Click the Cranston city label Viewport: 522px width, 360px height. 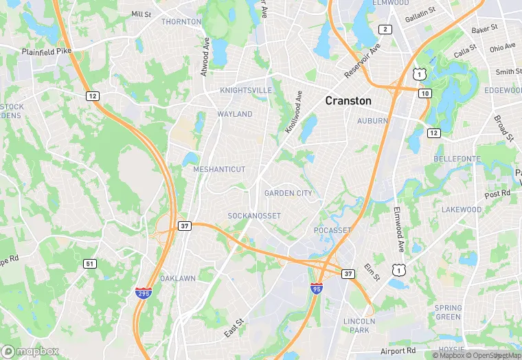(x=348, y=101)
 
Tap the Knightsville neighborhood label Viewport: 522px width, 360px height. (x=246, y=91)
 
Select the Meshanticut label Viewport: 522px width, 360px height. (x=219, y=169)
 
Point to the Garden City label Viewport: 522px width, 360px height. (x=288, y=194)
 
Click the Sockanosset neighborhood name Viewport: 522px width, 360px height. (x=255, y=216)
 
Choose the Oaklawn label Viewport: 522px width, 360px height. (x=178, y=278)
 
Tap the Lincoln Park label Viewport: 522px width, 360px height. (x=359, y=326)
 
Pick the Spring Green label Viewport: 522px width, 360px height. (x=448, y=312)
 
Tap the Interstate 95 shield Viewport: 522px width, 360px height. (x=317, y=287)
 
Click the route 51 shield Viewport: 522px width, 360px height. (x=91, y=264)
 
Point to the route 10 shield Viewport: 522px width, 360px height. (x=426, y=93)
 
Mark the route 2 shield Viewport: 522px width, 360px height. (x=385, y=29)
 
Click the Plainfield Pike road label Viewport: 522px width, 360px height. (x=46, y=52)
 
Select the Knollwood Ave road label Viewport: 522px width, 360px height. (x=294, y=113)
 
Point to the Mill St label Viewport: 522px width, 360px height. (x=141, y=14)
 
